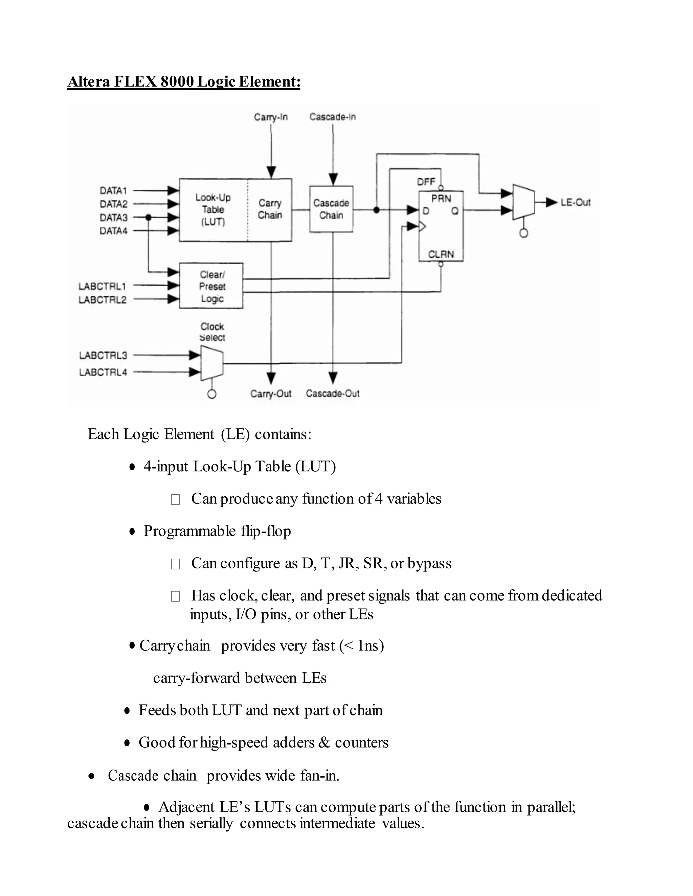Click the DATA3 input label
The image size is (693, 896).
tap(113, 217)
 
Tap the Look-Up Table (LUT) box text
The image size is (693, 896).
tap(213, 210)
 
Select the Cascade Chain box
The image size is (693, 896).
tap(331, 209)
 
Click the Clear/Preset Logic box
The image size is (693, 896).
tap(212, 286)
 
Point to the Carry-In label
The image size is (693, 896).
tap(271, 117)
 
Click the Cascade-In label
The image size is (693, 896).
tap(333, 117)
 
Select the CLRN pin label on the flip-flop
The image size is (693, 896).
tap(441, 254)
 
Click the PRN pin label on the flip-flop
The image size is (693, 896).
tap(441, 198)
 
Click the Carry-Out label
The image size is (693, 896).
tap(271, 394)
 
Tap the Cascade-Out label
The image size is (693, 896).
tap(333, 394)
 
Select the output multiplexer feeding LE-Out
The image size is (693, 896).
tap(523, 202)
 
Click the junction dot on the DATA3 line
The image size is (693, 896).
tap(149, 217)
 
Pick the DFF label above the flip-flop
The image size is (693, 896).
tap(426, 182)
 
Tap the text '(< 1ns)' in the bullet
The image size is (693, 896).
tap(361, 646)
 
